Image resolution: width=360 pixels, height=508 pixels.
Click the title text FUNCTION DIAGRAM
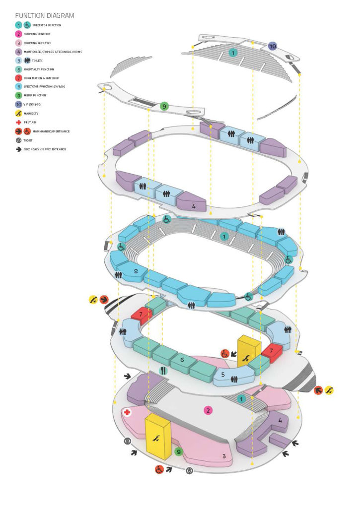coord(45,16)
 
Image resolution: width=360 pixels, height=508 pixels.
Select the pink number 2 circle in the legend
coord(19,34)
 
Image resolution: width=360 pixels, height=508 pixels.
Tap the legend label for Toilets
coord(38,61)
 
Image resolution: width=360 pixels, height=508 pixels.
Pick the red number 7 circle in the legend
coord(19,78)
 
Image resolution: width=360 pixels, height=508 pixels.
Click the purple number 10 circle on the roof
coord(273,46)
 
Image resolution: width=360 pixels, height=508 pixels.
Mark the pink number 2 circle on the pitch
coord(208,410)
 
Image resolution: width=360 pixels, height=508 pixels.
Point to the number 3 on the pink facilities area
coord(223,456)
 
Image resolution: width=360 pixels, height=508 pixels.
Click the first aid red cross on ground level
coord(128,412)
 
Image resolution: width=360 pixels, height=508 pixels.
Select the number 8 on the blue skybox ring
coord(136,271)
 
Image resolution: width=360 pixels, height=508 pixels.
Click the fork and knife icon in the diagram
coord(163,371)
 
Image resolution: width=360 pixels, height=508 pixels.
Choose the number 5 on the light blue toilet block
coord(223,375)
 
